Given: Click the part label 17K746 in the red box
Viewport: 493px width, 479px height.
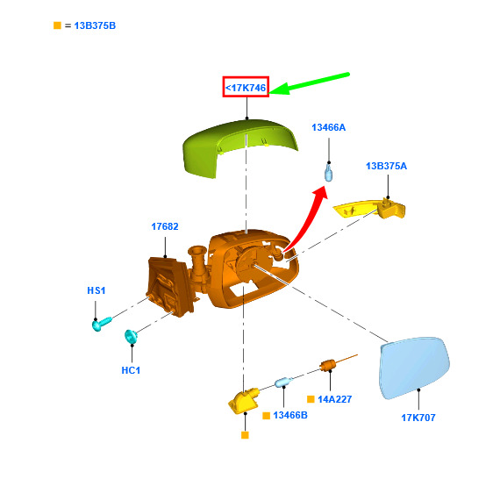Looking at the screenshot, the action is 246,88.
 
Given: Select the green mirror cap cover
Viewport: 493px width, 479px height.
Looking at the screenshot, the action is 239,147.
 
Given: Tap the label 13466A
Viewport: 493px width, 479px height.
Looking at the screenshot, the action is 329,127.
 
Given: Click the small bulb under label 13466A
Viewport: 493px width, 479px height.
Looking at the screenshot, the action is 329,172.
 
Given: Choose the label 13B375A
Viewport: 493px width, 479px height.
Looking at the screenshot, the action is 386,166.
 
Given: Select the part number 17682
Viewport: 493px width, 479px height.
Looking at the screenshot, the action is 165,226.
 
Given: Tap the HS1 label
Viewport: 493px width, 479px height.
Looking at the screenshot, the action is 96,290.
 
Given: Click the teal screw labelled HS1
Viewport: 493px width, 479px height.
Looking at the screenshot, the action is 102,324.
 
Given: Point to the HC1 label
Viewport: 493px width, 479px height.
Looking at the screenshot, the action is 131,370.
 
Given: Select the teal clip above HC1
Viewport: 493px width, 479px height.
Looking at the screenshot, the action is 131,337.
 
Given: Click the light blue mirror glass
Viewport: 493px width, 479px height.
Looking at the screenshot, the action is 414,368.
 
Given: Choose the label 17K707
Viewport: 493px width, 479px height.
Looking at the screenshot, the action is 418,418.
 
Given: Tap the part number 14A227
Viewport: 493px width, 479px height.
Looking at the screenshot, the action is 334,399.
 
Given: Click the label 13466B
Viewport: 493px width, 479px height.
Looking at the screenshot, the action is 290,415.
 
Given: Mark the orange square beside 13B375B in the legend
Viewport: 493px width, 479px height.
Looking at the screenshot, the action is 57,25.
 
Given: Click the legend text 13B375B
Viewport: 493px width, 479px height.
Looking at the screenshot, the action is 95,25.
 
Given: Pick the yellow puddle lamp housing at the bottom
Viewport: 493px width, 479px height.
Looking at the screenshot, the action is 243,401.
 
